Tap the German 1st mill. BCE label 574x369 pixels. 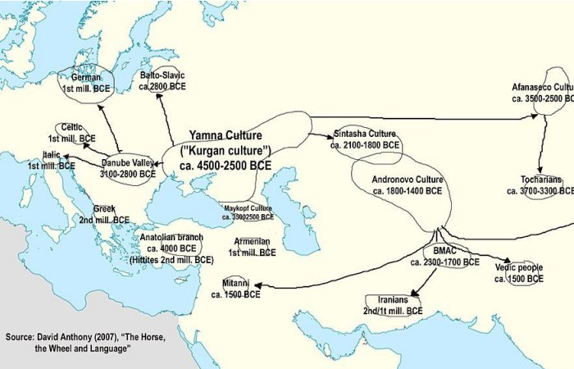click(x=86, y=82)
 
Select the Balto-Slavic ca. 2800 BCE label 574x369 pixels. click(x=162, y=80)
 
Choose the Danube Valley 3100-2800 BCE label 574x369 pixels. click(x=129, y=166)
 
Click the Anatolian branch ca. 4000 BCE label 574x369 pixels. click(x=171, y=248)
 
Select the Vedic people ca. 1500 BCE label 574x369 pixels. click(x=518, y=273)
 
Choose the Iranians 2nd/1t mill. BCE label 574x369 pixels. click(x=394, y=306)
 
